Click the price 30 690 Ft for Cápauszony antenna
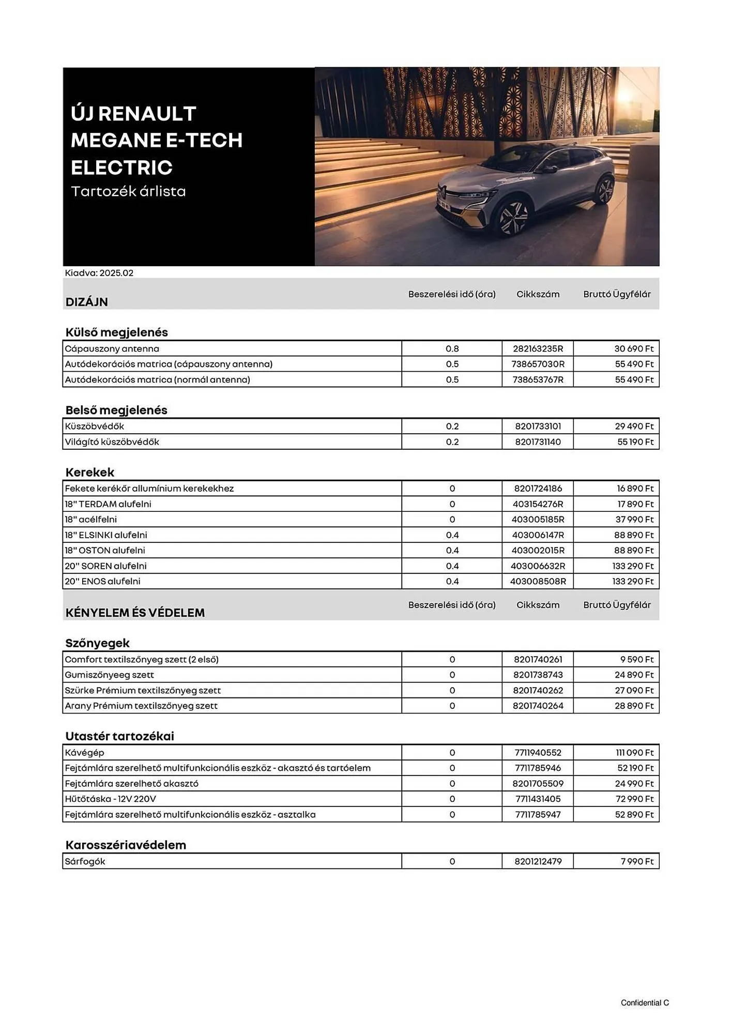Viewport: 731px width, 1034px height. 633,348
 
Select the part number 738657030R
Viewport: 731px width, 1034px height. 538,364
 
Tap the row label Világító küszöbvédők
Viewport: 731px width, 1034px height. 112,442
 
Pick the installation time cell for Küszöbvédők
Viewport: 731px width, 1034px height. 452,427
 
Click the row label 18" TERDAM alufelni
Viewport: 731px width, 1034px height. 108,504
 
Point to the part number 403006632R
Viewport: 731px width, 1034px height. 538,566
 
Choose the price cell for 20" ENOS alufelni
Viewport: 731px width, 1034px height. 632,582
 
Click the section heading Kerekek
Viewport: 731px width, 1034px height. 89,472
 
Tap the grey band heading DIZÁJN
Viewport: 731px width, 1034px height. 86,302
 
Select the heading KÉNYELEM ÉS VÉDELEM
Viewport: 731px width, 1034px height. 135,613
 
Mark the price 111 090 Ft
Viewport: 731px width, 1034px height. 634,753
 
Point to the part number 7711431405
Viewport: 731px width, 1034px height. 538,799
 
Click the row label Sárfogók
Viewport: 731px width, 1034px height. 85,861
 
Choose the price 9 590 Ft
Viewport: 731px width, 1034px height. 636,660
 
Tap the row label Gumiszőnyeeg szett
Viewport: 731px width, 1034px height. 109,675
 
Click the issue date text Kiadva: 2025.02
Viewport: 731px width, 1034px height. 99,273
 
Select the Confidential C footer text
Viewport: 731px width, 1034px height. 645,1003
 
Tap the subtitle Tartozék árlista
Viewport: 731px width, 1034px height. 128,192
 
